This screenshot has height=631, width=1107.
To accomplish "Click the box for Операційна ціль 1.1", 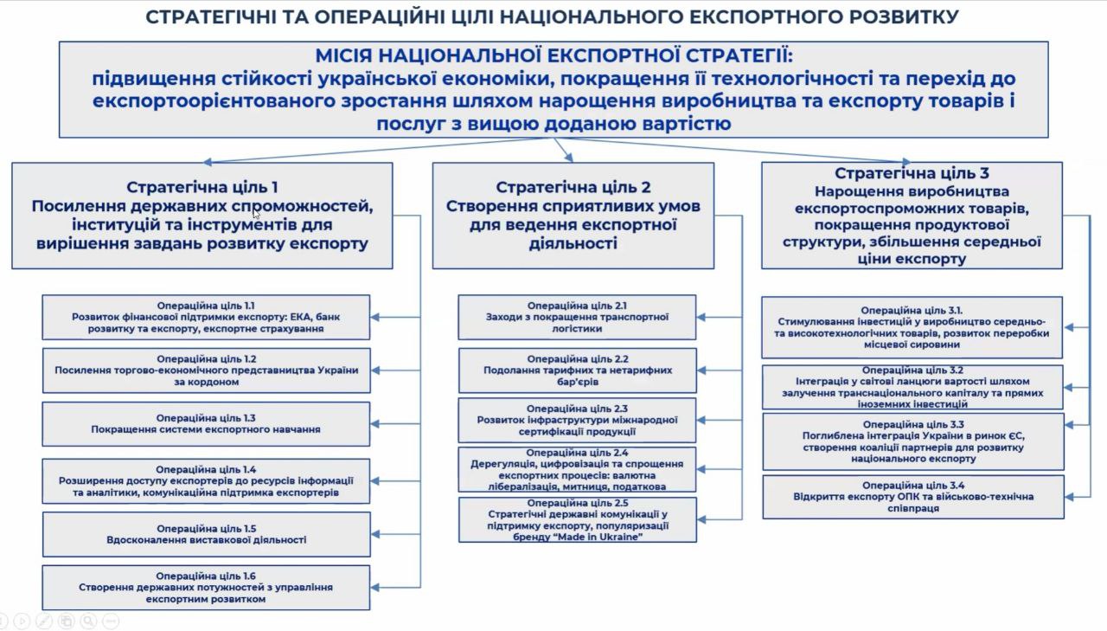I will point(206,318).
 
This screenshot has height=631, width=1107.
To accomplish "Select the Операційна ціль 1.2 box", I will point(206,370).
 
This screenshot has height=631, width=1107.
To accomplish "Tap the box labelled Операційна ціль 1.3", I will point(206,423).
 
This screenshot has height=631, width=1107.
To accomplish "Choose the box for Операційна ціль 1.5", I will point(206,534).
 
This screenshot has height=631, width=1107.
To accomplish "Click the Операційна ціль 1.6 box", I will point(206,587).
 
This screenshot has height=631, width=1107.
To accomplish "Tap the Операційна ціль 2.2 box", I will point(577,370).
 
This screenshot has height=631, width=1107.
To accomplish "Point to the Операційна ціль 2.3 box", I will point(577,420).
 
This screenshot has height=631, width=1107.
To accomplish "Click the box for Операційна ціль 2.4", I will point(577,470).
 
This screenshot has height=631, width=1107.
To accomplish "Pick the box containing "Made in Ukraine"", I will point(577,519).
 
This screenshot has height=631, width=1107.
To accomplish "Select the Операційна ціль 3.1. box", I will point(912,327).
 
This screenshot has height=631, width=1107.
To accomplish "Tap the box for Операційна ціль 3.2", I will point(912,387).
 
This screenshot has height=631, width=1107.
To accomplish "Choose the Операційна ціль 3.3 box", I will point(912,441).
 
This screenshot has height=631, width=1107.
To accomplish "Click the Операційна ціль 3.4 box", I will point(912,497).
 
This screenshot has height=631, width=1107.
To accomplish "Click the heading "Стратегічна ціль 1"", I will point(202,186).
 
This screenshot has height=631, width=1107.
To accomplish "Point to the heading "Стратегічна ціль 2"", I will point(573,187).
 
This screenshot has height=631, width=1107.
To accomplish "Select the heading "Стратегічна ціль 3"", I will point(912,173).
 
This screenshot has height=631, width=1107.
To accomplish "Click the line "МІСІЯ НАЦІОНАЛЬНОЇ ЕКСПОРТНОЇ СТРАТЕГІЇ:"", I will point(553,56).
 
